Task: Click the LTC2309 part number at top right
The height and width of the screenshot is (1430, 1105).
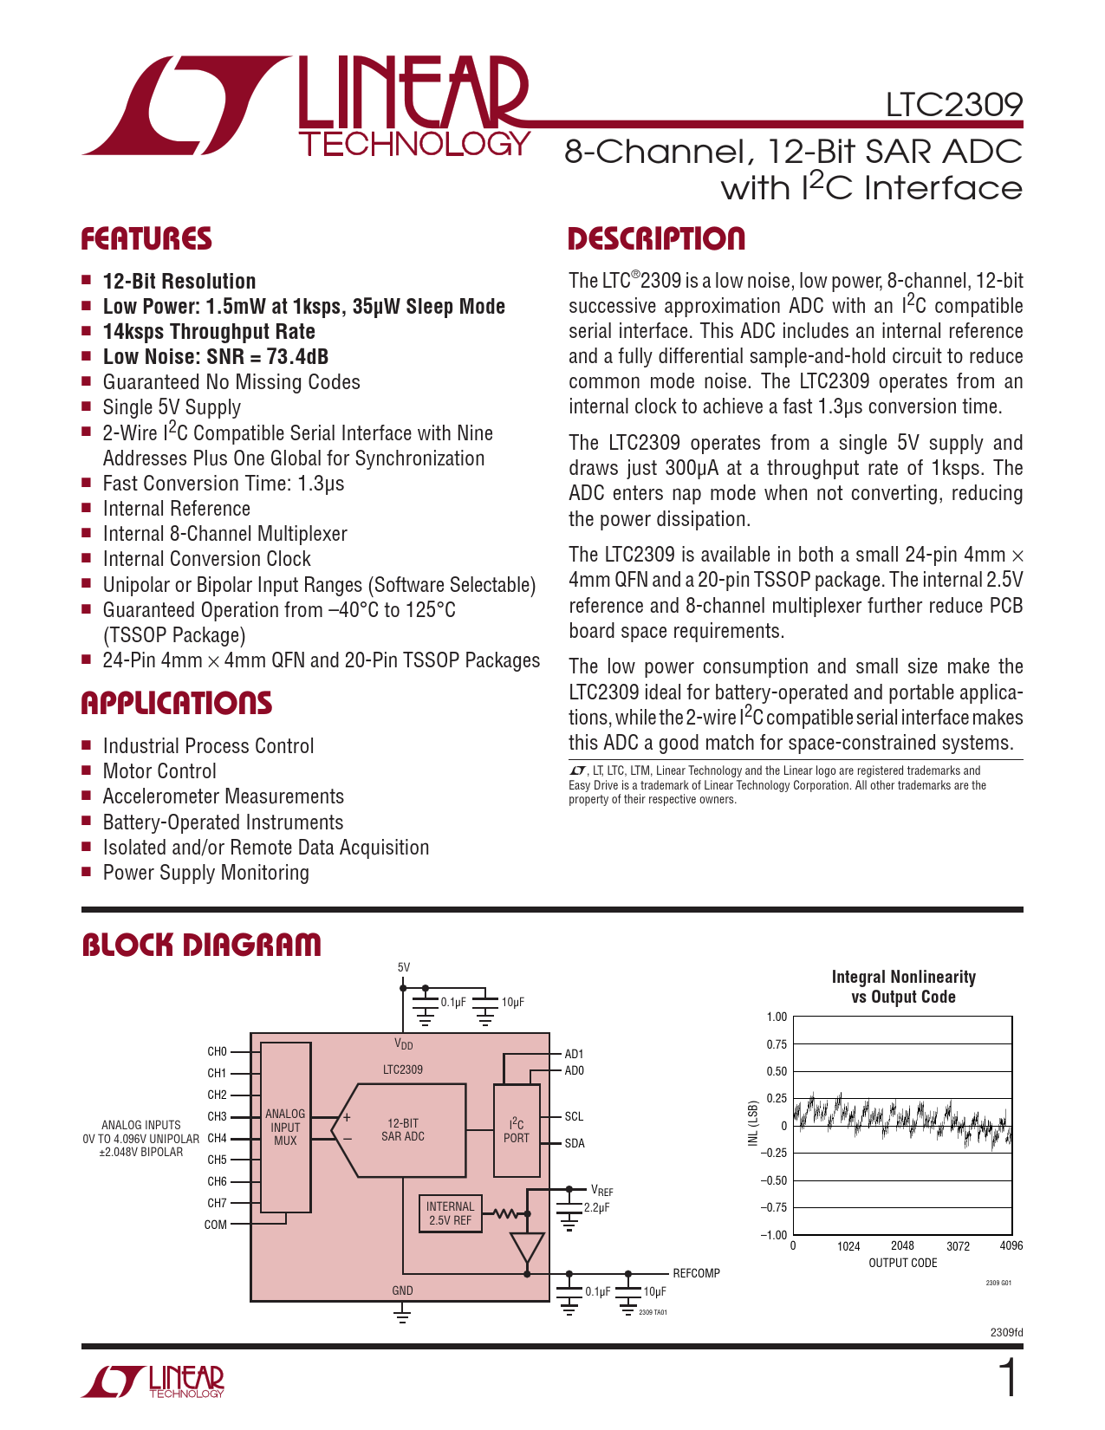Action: point(953,105)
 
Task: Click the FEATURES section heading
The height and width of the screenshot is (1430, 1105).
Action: point(146,239)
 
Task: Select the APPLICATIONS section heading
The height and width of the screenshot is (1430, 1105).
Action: point(177,703)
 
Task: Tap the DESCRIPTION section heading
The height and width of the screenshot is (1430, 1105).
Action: point(656,239)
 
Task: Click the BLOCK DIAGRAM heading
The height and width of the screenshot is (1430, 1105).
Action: point(201,945)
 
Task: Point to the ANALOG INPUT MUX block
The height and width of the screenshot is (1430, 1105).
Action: point(285,1127)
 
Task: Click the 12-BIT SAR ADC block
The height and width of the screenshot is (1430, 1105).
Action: point(403,1129)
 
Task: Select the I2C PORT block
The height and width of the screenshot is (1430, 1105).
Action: point(516,1130)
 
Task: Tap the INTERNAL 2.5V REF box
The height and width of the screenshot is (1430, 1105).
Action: point(450,1213)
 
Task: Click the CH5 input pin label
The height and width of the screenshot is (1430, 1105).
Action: point(217,1160)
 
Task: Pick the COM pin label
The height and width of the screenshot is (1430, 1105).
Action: point(216,1225)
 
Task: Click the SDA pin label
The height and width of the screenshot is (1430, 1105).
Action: point(575,1143)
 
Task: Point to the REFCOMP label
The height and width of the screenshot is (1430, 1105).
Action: point(696,1273)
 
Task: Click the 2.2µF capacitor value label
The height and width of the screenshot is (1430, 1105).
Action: point(597,1207)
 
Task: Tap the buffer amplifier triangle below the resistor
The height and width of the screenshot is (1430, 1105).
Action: point(527,1248)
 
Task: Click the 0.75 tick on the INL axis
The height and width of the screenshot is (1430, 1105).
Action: point(777,1044)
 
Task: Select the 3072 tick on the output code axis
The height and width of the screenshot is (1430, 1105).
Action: point(958,1246)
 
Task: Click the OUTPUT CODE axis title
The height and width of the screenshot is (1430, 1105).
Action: point(902,1263)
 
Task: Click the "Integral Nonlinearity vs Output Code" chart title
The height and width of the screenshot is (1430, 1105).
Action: point(903,987)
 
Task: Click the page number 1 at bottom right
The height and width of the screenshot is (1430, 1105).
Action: point(1008,1379)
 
